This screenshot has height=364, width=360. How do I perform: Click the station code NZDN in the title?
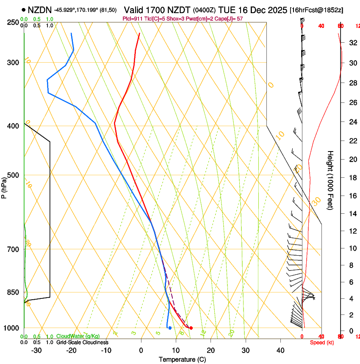tap(40, 10)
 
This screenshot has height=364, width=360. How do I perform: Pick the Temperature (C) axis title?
tap(182, 359)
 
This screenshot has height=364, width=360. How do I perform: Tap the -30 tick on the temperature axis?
tap(36, 350)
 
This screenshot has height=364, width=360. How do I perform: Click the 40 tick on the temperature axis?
tap(280, 350)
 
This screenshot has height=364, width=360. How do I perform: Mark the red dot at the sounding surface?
tap(191, 328)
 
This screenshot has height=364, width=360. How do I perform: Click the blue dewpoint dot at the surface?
tap(170, 328)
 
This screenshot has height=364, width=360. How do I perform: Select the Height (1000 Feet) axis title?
tap(331, 180)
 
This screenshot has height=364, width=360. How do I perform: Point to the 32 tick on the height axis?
tap(352, 43)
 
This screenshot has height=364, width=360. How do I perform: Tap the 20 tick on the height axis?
tap(352, 159)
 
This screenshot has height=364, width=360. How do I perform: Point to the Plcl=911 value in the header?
tap(132, 19)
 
